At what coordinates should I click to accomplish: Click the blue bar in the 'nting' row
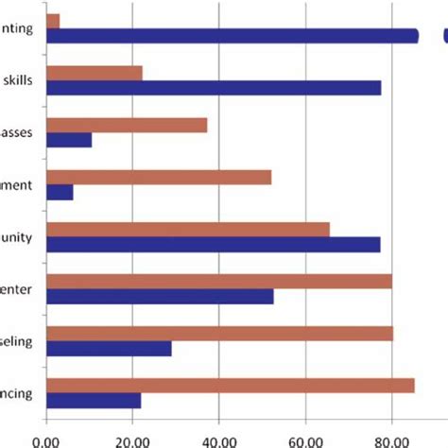pyautogui.click(x=232, y=36)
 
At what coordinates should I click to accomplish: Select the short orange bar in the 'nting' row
pyautogui.click(x=53, y=20)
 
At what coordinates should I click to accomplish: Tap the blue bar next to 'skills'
pyautogui.click(x=214, y=88)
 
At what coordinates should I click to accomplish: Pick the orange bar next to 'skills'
pyautogui.click(x=95, y=73)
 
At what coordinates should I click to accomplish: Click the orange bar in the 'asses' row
pyautogui.click(x=127, y=125)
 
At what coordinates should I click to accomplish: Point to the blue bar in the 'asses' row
pyautogui.click(x=69, y=140)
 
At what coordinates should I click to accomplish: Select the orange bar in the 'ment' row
pyautogui.click(x=159, y=177)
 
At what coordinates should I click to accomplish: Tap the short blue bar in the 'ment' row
pyautogui.click(x=60, y=192)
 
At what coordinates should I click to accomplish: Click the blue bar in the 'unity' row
pyautogui.click(x=213, y=245)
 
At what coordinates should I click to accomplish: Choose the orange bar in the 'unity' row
pyautogui.click(x=188, y=229)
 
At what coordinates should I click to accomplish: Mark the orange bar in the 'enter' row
pyautogui.click(x=218, y=281)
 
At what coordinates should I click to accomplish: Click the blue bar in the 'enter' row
pyautogui.click(x=160, y=297)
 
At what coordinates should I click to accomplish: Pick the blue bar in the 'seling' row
pyautogui.click(x=109, y=349)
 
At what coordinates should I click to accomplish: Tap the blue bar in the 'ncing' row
pyautogui.click(x=94, y=401)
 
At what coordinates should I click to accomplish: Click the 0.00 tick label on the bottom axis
pyautogui.click(x=46, y=439)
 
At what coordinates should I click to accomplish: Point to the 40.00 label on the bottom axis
pyautogui.click(x=218, y=439)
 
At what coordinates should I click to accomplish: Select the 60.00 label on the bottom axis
pyautogui.click(x=305, y=439)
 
